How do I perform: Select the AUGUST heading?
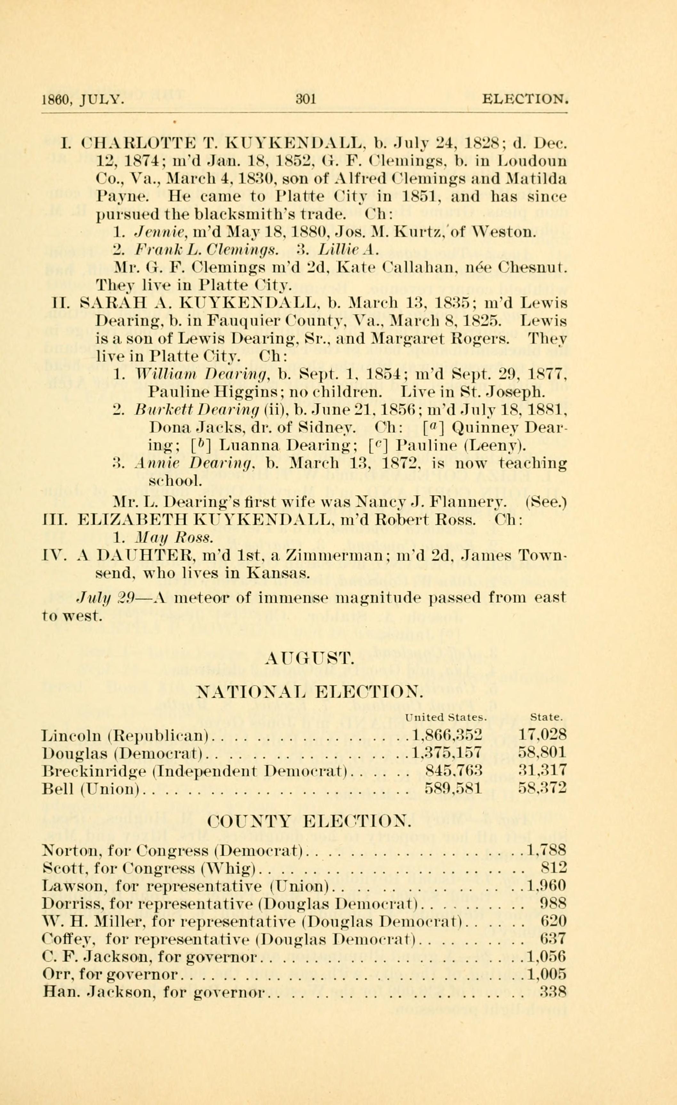pos(310,659)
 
